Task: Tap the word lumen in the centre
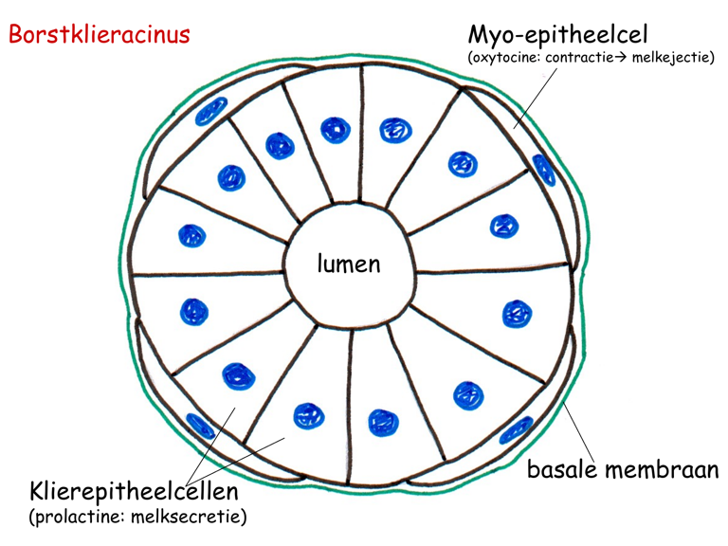pyautogui.click(x=349, y=264)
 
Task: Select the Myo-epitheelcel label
pyautogui.click(x=557, y=35)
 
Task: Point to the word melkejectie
pyautogui.click(x=670, y=59)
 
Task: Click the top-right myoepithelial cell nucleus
pyautogui.click(x=544, y=169)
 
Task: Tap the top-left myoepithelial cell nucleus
pyautogui.click(x=211, y=111)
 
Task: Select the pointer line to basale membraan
pyautogui.click(x=581, y=431)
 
